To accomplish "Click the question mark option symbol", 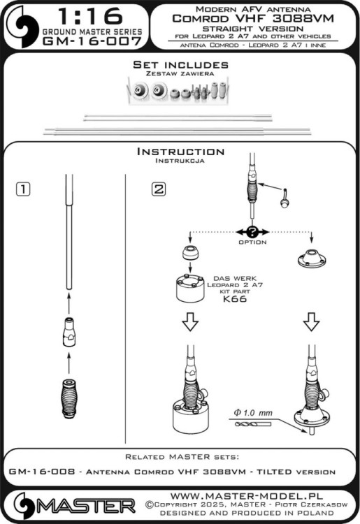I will [252, 232].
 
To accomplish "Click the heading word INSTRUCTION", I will [180, 152].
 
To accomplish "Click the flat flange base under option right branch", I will [311, 259].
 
